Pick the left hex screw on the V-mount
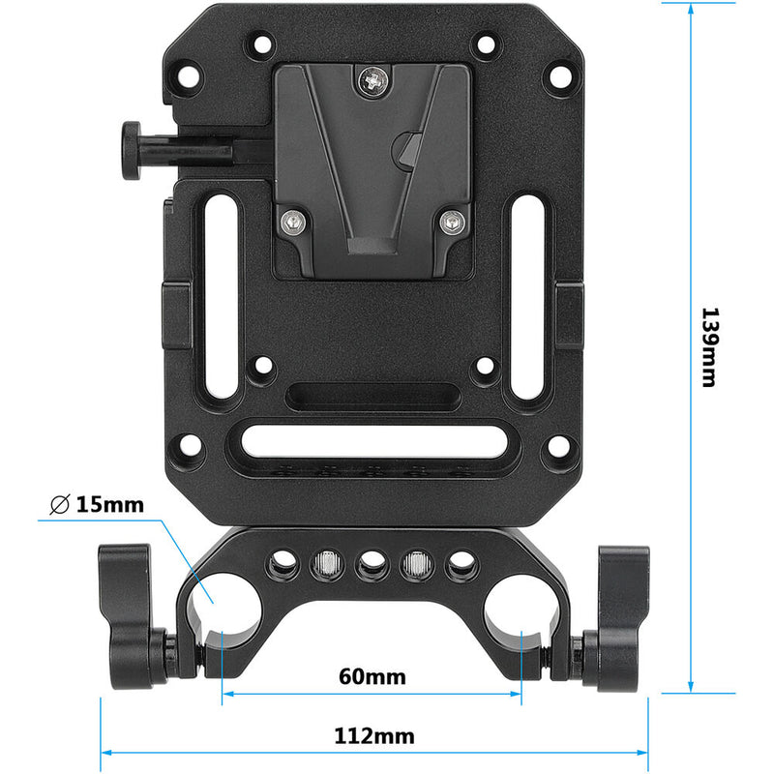click(290, 223)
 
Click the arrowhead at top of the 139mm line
click(691, 10)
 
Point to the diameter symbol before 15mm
click(58, 504)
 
